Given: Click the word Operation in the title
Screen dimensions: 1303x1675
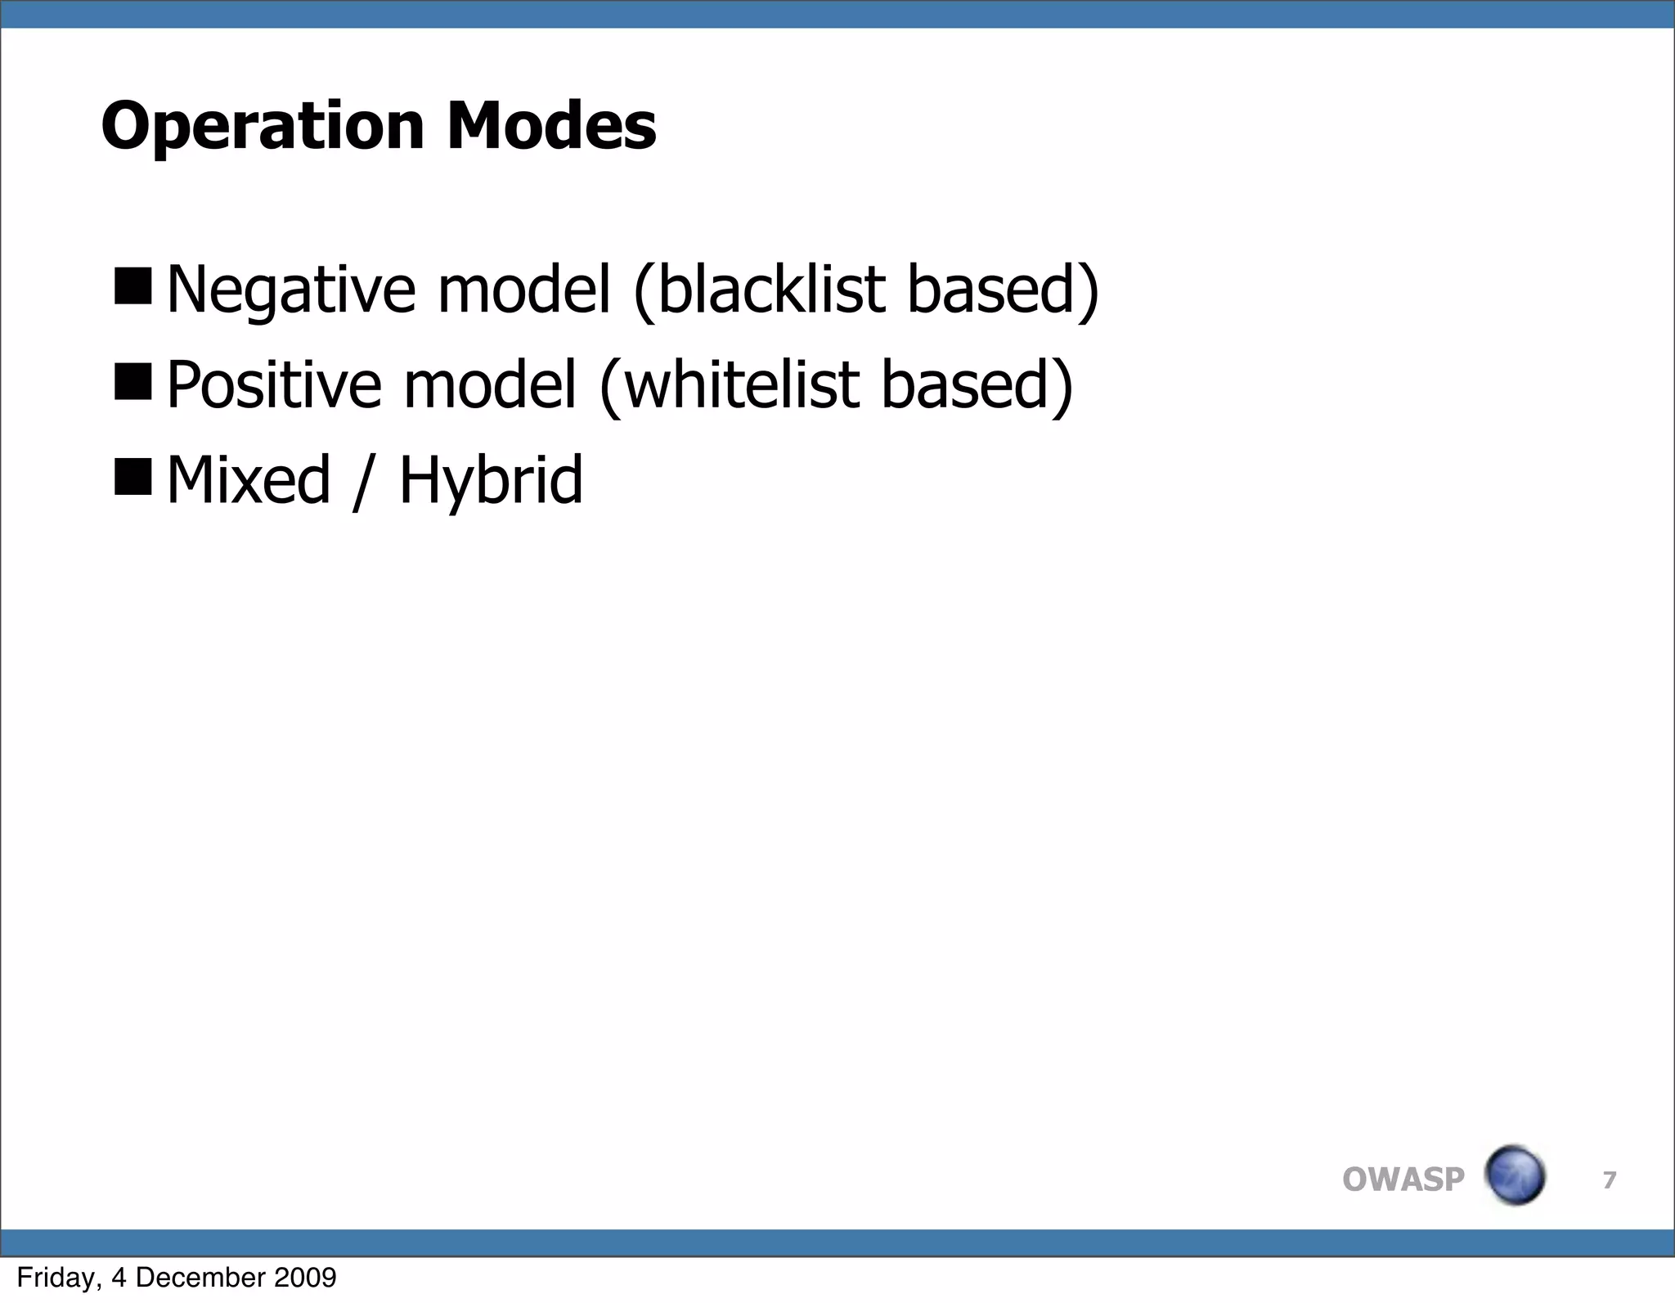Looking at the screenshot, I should coord(262,127).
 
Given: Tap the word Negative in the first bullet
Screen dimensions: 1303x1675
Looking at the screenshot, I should coord(290,291).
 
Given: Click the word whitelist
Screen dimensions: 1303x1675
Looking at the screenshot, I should coord(741,385).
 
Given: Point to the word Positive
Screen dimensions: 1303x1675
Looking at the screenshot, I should coord(273,385).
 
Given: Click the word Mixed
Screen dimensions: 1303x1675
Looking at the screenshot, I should coord(249,480).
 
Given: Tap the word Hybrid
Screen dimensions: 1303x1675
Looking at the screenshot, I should coord(491,482).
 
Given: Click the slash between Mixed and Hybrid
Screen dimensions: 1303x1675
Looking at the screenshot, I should coord(359,483).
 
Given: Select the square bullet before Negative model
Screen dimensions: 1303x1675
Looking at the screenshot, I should coord(133,286).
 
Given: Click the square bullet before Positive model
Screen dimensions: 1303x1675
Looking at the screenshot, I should coord(133,382).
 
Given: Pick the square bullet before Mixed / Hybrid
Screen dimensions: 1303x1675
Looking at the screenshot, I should coord(133,477).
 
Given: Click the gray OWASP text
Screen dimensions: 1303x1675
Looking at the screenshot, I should coord(1403,1179).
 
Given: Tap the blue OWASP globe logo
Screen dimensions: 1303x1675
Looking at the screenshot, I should coord(1514,1175).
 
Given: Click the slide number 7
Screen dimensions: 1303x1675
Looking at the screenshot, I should coord(1610,1179).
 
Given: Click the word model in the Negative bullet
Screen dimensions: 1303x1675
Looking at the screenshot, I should coord(524,290).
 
